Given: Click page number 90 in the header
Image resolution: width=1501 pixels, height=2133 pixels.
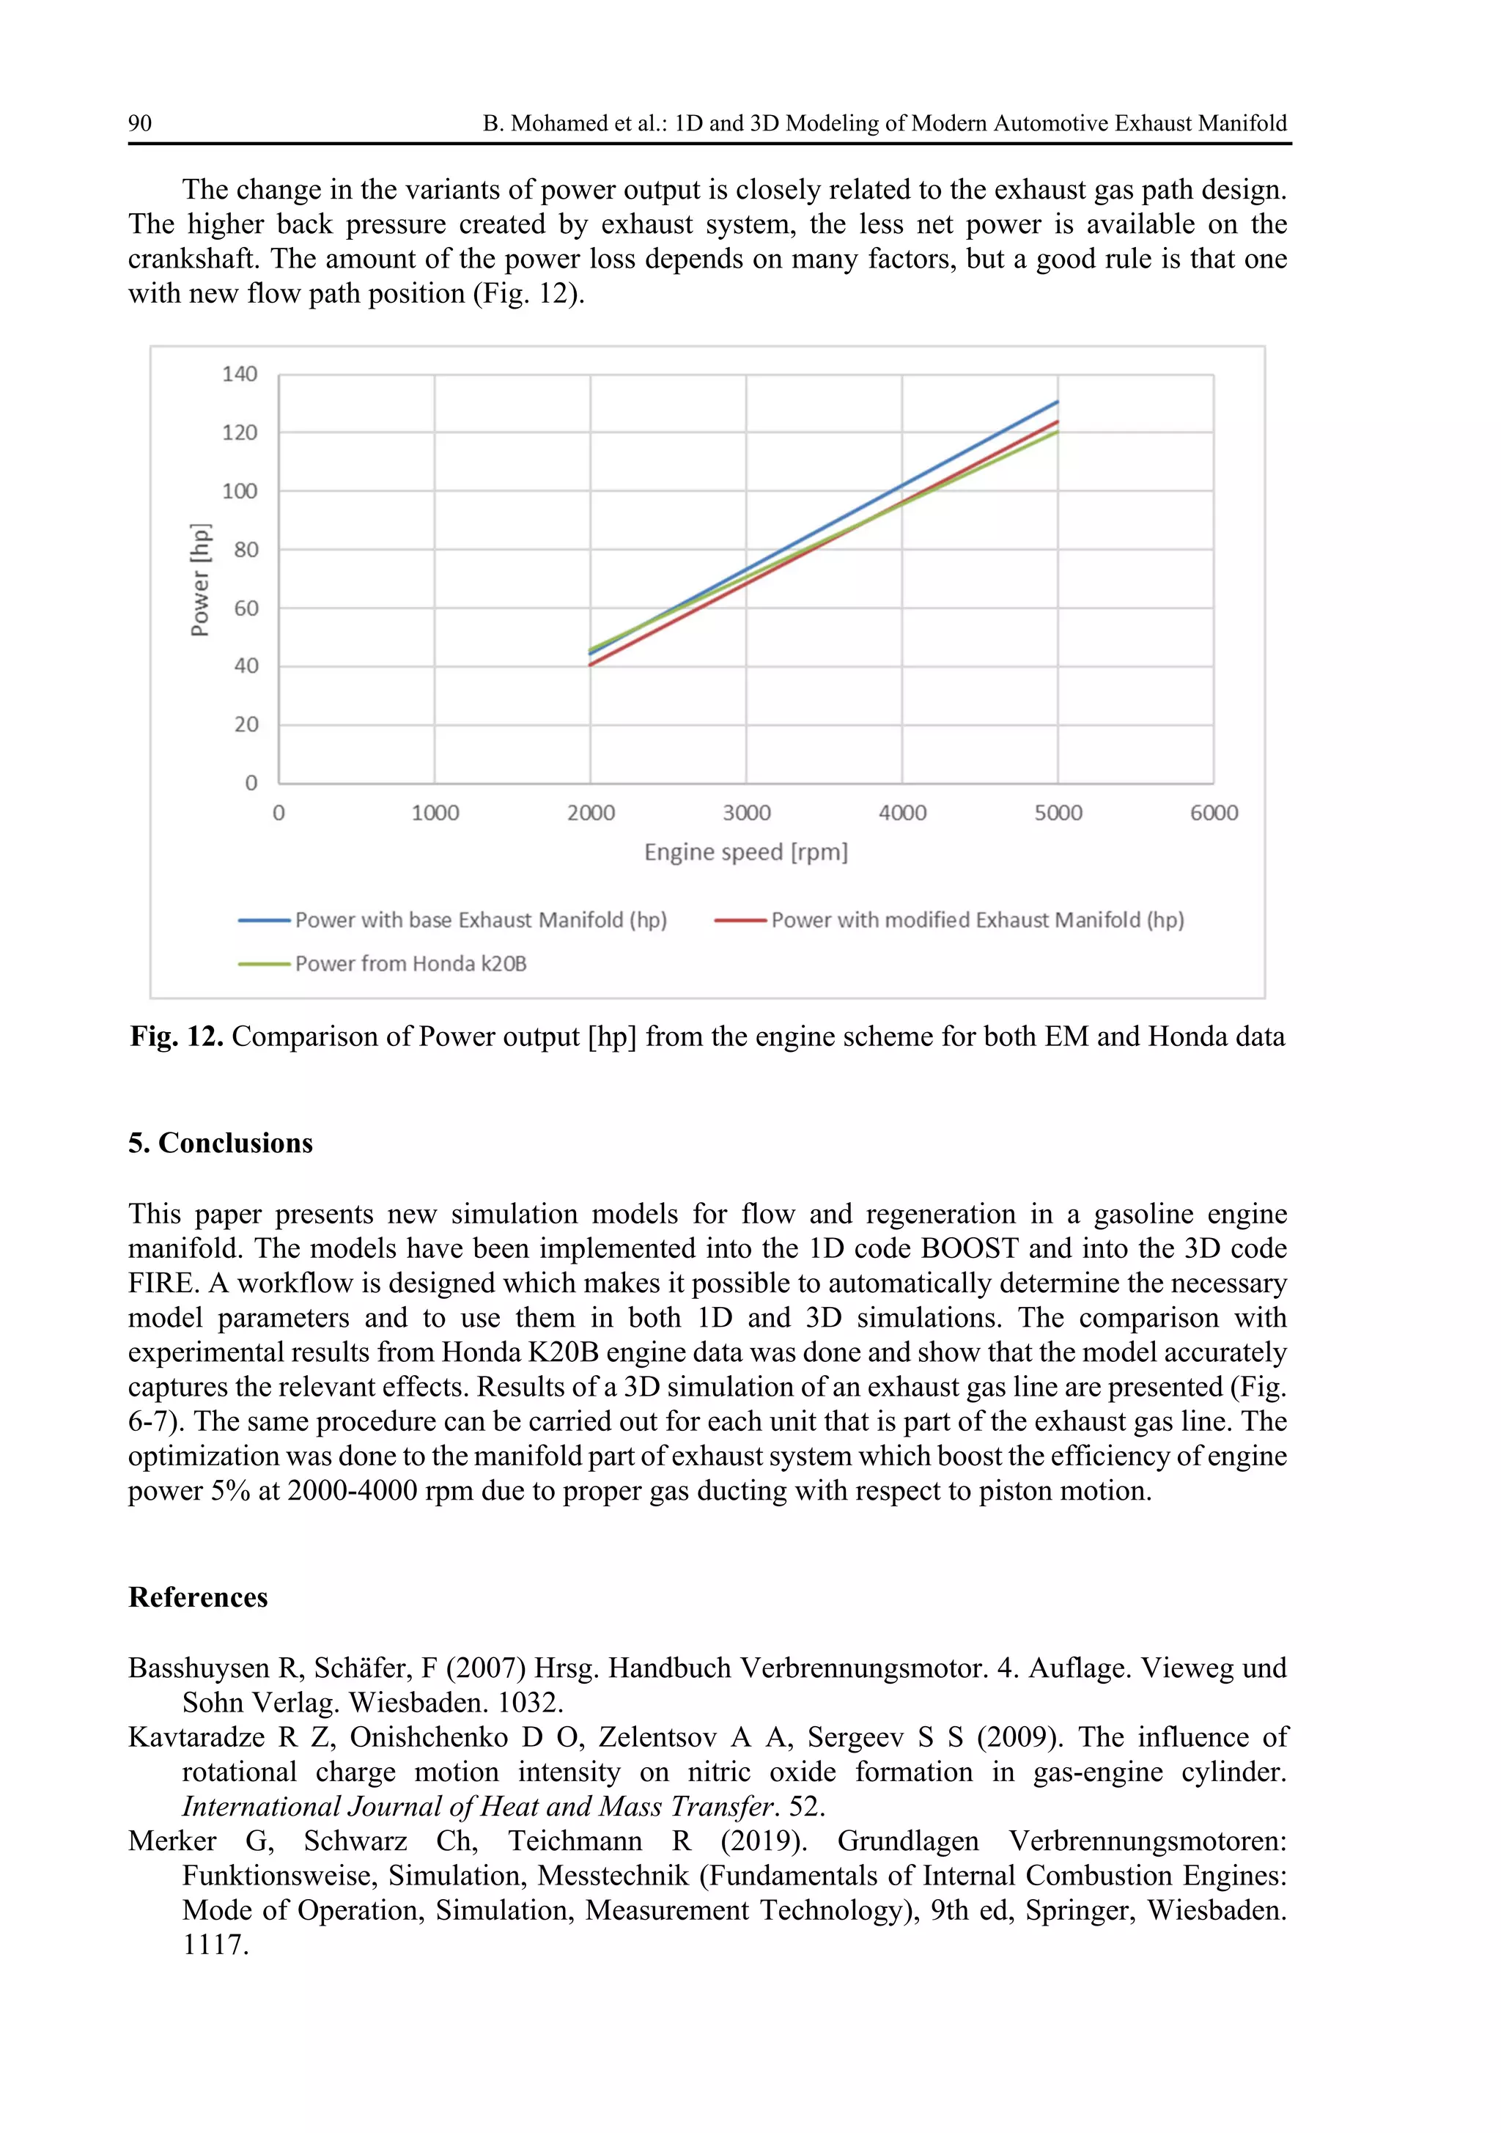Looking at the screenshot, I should tap(140, 124).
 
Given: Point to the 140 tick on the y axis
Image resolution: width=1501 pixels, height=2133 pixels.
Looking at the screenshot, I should tap(239, 375).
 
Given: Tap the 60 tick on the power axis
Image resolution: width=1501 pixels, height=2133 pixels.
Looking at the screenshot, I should tap(246, 608).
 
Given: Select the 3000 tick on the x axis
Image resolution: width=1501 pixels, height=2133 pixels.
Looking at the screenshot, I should tap(747, 813).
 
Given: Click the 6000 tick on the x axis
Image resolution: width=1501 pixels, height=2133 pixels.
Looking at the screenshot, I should tap(1213, 813).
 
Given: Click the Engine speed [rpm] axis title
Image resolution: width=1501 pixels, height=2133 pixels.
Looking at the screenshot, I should tap(746, 852).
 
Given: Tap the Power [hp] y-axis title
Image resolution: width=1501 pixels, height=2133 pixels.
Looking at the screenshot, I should tap(199, 581).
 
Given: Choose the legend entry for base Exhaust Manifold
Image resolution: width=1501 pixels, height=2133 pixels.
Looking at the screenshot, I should tap(480, 920).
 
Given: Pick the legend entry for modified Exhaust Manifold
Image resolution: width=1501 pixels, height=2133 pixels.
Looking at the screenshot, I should tap(976, 920).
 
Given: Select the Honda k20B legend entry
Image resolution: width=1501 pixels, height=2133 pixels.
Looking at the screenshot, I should tap(410, 963).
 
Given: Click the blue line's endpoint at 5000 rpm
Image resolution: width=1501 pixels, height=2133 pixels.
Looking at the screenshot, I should tap(1057, 402).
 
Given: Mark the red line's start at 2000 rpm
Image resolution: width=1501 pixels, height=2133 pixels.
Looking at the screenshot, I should tap(591, 664).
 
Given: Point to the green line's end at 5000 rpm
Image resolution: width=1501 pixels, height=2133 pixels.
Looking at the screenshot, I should tap(1057, 432).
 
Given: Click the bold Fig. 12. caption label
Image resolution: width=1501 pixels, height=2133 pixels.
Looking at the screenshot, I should tap(177, 1036).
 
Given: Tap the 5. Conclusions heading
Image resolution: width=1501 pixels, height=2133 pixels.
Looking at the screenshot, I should tap(220, 1143).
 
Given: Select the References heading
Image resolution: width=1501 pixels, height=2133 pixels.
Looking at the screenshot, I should tap(198, 1597).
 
